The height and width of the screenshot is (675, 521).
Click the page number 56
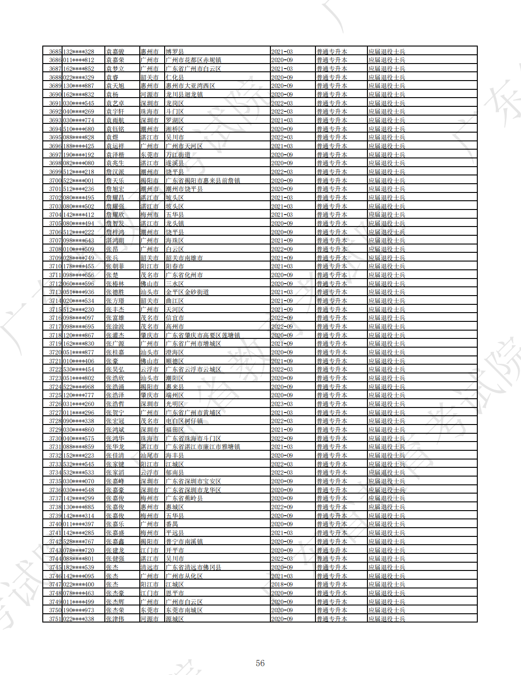pos(260,663)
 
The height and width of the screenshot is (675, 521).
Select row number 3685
pos(55,52)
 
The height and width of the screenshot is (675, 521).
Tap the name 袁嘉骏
pos(115,52)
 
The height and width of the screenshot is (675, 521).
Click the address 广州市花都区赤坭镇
pos(193,60)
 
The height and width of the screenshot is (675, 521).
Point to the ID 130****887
pos(79,86)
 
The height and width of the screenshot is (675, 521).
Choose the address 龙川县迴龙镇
pos(184,94)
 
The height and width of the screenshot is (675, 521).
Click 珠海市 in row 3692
pos(149,111)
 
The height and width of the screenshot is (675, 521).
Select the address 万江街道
pos(178,155)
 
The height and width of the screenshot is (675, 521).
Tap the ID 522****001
pos(79,180)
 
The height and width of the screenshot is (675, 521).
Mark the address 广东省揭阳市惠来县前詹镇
pos(203,180)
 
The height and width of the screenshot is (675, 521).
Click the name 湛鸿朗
pos(115,240)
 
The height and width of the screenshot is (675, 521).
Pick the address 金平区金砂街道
pos(187,292)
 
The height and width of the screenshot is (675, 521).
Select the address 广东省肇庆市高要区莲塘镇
pos(203,335)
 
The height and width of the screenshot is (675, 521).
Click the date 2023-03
pos(282,404)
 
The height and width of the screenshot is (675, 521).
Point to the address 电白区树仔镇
pos(184,421)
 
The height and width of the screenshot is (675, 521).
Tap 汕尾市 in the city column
pos(149,455)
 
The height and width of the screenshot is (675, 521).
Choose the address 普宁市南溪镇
pos(184,541)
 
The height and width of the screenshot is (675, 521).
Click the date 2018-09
pos(282,584)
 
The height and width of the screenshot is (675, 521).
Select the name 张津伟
pos(115,619)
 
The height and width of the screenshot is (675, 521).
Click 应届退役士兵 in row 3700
pos(387,180)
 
